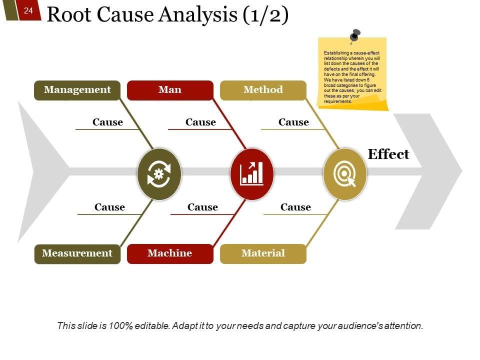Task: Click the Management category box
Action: [x=77, y=90]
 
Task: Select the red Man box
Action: [x=170, y=90]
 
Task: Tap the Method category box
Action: [x=263, y=90]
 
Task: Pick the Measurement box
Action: [x=77, y=253]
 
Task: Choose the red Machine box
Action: [x=170, y=253]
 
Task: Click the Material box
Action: [x=263, y=253]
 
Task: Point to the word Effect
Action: [x=388, y=154]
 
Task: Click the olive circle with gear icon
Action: [x=159, y=174]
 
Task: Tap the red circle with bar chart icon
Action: [x=252, y=174]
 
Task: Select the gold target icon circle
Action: [x=345, y=174]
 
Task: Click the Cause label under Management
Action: [x=107, y=122]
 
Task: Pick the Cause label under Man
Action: [x=200, y=122]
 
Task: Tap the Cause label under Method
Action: [x=293, y=122]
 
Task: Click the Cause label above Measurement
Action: [x=109, y=207]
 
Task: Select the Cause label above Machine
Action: [x=202, y=207]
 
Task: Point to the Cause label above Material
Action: [x=295, y=207]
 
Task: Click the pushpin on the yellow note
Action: [x=355, y=35]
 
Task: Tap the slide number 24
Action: [x=28, y=10]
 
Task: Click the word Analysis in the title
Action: [x=197, y=15]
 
